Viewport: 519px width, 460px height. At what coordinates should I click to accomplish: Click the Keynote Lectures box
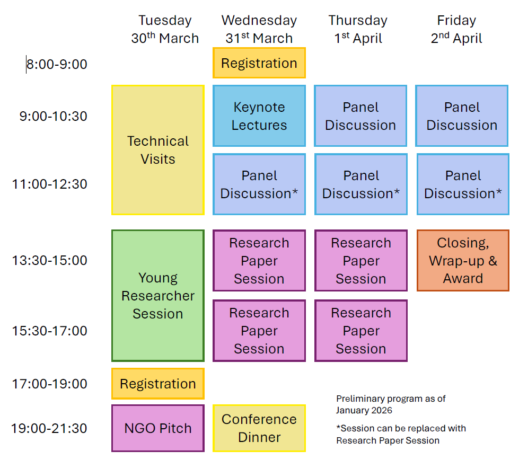(259, 116)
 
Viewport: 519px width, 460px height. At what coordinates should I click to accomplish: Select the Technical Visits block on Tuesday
(158, 150)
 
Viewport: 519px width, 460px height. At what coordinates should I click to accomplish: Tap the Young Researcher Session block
(158, 296)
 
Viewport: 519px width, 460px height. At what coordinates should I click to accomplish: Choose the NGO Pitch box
(158, 428)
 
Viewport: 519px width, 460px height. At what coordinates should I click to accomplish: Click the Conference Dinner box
(259, 428)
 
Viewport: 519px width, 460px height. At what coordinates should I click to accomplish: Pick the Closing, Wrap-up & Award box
(463, 260)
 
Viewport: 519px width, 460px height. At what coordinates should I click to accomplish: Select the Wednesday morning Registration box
(259, 63)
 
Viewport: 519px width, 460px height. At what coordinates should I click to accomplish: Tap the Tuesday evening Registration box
(158, 384)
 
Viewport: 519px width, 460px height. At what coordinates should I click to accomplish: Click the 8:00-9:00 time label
(57, 64)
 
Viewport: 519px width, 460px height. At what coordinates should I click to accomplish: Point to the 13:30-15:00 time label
(50, 260)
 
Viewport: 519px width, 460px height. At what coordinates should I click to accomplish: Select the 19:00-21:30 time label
(49, 428)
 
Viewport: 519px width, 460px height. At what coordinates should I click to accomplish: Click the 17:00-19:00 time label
(50, 384)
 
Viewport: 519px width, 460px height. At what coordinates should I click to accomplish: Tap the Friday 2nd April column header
(456, 29)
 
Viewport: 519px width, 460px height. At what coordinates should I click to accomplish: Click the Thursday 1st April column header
(358, 29)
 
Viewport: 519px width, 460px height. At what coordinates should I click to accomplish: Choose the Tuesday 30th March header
(165, 29)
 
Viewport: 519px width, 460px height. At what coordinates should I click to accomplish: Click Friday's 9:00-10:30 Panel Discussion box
(462, 116)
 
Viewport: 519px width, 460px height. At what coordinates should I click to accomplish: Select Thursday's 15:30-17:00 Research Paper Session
(361, 331)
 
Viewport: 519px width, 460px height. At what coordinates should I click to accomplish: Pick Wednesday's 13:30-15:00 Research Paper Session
(259, 260)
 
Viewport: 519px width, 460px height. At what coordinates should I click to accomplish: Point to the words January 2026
(364, 410)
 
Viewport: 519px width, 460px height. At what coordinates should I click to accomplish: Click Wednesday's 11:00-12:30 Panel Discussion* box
(259, 184)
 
